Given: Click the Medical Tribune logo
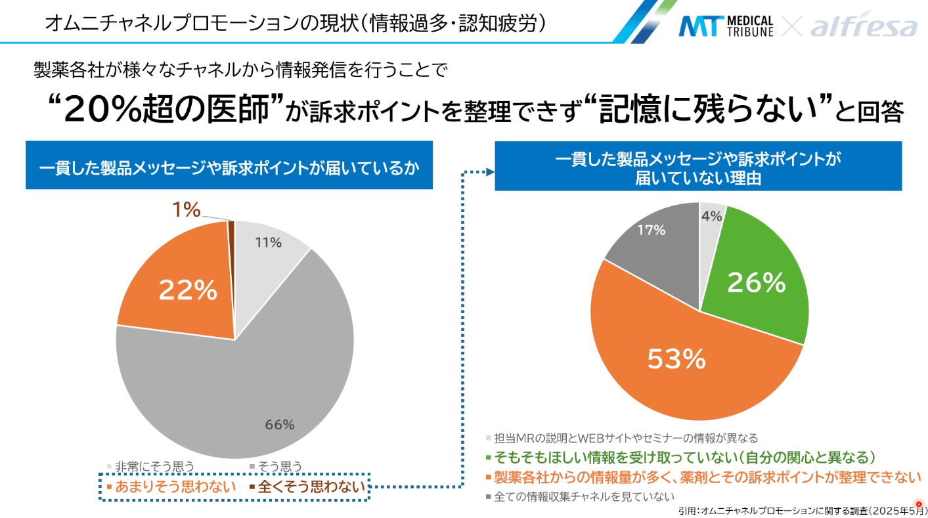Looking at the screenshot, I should [725, 26].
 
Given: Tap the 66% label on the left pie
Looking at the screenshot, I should [279, 424].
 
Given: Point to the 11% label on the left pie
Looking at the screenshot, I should [268, 242].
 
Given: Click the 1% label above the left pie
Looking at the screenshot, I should [186, 209].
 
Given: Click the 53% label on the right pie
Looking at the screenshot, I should [676, 358].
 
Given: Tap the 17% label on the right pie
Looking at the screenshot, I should [651, 230].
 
